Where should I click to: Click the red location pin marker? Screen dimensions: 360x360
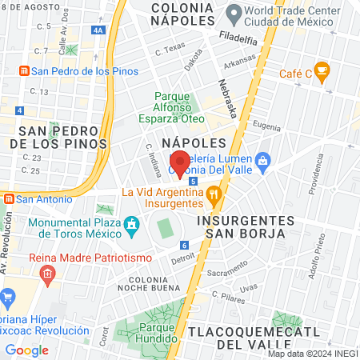181,164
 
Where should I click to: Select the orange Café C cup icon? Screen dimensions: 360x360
322,72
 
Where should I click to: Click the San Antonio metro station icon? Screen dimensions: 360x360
8,198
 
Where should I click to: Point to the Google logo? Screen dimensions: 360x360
27,350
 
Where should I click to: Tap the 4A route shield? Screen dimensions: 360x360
98,30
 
